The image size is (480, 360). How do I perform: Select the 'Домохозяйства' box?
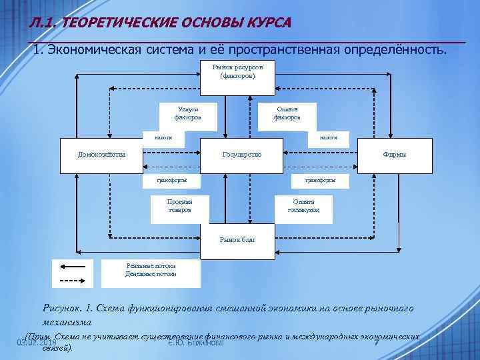(x=102, y=155)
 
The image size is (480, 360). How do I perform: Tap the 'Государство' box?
(x=241, y=155)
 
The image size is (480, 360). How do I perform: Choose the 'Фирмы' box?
(x=394, y=155)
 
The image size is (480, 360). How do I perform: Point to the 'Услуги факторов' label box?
(x=186, y=113)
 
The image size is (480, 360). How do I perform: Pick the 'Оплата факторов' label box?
(x=287, y=113)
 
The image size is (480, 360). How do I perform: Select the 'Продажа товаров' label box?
(x=180, y=205)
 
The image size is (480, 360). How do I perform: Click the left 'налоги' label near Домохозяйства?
(x=163, y=137)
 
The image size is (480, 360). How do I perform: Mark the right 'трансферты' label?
(x=320, y=179)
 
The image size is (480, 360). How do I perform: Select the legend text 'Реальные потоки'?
(x=151, y=266)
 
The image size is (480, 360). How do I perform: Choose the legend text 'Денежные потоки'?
(x=151, y=273)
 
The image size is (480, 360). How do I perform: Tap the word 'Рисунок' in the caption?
(x=65, y=309)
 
